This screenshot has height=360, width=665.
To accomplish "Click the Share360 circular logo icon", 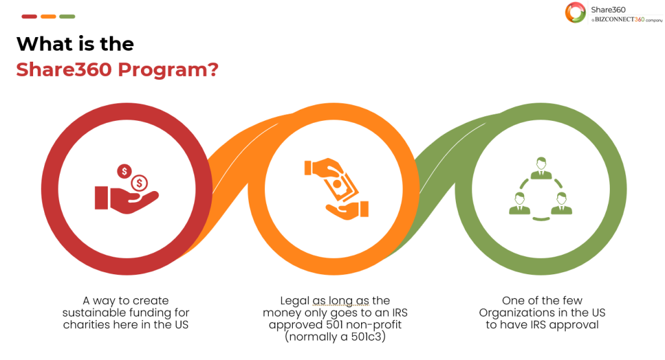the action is (575, 12).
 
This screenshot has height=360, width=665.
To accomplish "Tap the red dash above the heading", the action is (29, 16).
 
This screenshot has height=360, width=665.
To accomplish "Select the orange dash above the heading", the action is (48, 16).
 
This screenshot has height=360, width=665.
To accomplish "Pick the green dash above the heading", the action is (67, 16).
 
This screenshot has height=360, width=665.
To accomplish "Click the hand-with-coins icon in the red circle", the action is (127, 189).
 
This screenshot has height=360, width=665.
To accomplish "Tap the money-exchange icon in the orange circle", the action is (336, 189).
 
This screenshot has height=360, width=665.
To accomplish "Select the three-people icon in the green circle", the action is (541, 189).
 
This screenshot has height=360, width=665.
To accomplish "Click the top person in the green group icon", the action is (541, 168).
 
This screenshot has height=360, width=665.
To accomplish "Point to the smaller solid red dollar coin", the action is (124, 171).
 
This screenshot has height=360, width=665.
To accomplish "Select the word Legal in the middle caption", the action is (295, 302).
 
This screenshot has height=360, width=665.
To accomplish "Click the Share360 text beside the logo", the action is (608, 10).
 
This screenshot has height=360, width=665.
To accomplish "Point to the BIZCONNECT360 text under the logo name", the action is (619, 19).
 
